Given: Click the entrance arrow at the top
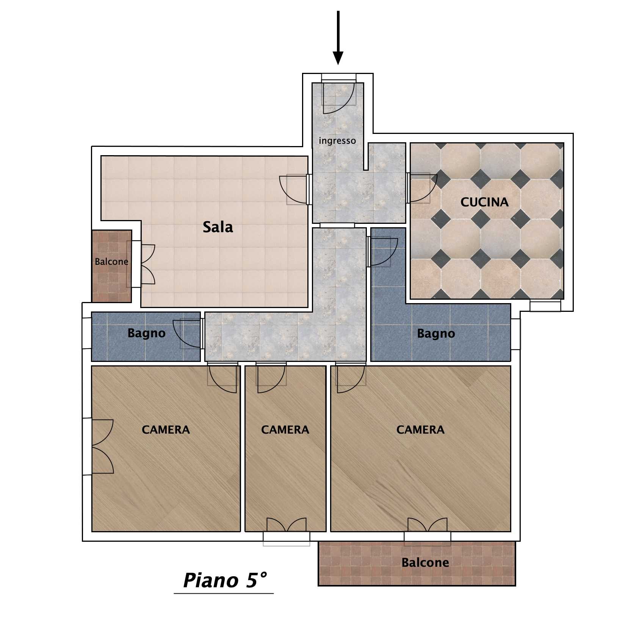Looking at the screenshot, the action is [338, 38].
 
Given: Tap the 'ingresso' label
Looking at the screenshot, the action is [337, 141].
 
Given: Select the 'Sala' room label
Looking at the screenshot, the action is [218, 227].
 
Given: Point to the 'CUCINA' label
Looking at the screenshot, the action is [484, 202].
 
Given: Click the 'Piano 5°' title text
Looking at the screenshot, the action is [225, 580].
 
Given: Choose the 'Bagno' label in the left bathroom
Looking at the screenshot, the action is [146, 333].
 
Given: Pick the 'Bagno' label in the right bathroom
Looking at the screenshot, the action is [436, 334].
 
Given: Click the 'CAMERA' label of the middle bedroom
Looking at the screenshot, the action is [285, 429].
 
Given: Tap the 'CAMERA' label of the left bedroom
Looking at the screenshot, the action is [166, 429].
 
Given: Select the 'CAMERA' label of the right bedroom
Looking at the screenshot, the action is [420, 429].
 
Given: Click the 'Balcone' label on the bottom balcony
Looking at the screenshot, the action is [425, 562].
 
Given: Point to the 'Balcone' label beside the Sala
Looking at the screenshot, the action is [111, 262].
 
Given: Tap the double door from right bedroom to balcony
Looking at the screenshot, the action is [428, 525].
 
